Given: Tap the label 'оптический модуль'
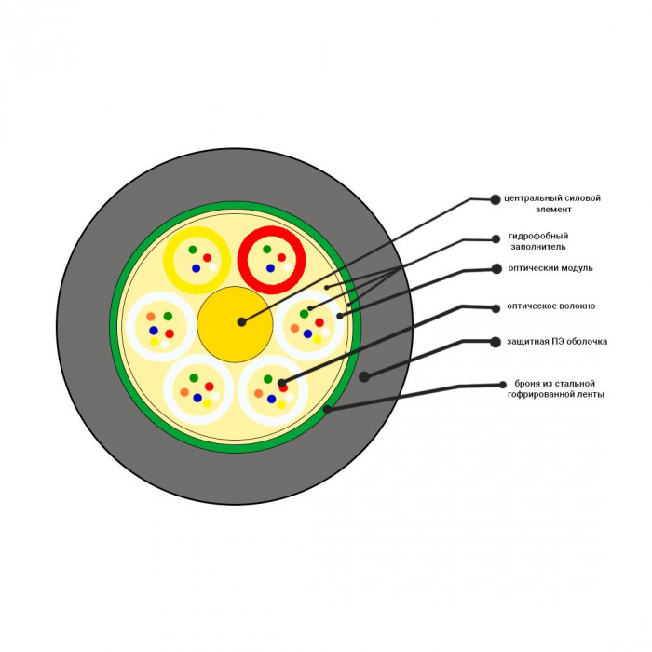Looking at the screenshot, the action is click(550, 268).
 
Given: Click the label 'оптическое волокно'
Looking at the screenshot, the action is click(550, 306).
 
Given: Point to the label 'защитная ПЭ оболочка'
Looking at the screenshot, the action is click(557, 342).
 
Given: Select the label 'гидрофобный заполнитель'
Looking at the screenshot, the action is click(538, 241).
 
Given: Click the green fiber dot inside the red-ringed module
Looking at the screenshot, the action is click(267, 249).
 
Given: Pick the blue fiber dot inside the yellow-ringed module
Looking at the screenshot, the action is click(197, 268).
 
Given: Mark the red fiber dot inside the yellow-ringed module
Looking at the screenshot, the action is click(207, 258).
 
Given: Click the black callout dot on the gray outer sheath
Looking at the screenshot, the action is click(364, 376).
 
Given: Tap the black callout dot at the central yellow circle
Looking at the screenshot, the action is click(241, 322).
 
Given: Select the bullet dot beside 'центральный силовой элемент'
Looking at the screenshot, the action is click(496, 199).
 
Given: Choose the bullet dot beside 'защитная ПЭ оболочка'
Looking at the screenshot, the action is click(496, 342).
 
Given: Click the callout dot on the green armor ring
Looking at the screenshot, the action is click(327, 409).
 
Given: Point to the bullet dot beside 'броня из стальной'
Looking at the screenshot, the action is click(503, 385).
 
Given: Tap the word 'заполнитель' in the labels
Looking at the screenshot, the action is click(538, 247).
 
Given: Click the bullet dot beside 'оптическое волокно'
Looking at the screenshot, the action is click(496, 308).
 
